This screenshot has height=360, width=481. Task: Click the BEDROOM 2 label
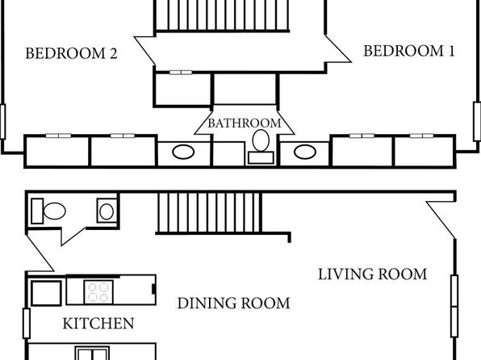point(71,53)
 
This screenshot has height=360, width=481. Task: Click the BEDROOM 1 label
point(409,51)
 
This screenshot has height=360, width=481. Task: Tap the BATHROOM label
point(245,123)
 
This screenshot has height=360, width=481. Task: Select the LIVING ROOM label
point(372,274)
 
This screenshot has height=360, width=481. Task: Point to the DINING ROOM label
point(233,303)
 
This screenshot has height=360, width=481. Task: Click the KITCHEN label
point(98,323)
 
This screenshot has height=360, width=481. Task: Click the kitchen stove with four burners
point(98,292)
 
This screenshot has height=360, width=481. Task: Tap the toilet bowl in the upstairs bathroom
point(261,140)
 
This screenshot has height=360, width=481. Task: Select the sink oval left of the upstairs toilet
point(183,152)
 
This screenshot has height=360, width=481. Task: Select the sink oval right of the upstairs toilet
point(305,152)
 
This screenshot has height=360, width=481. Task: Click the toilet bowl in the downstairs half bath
point(55,211)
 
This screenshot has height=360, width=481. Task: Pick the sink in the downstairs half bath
point(107,211)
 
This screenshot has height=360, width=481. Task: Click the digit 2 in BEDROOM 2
point(113,54)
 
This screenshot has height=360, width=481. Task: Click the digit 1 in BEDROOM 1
point(451,51)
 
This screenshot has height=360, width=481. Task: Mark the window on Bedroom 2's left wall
point(2,122)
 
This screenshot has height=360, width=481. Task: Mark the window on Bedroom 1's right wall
point(477,121)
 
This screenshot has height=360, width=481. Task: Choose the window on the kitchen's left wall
point(27,323)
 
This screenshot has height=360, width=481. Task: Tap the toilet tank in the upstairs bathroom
point(261,157)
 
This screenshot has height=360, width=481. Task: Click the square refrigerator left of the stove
point(46,293)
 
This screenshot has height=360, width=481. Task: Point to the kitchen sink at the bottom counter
point(92,354)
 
